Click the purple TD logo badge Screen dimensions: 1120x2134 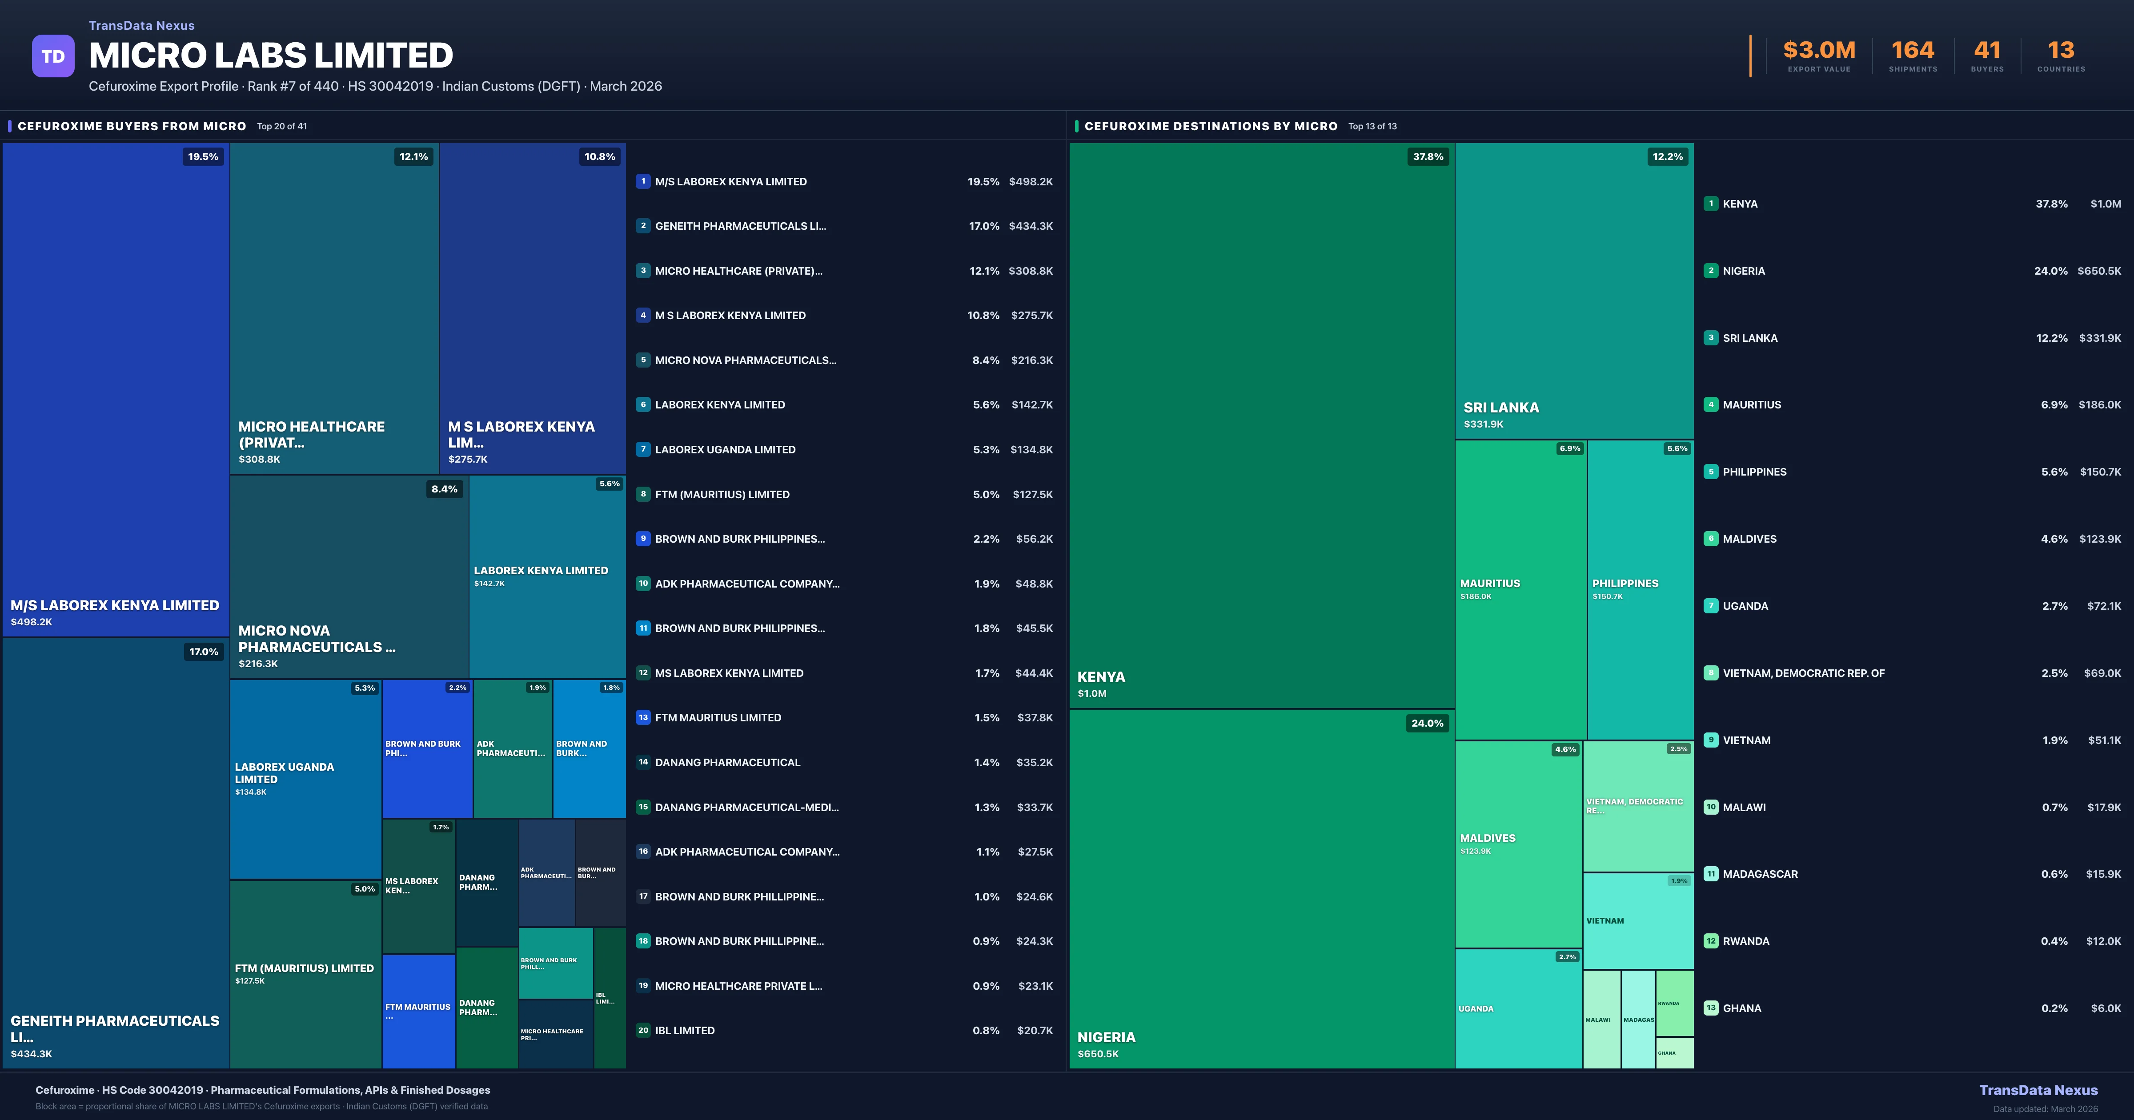click(x=53, y=56)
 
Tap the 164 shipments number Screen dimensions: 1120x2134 click(x=1912, y=51)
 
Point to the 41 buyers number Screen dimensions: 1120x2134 click(x=1986, y=51)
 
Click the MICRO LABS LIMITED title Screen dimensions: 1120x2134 click(x=271, y=56)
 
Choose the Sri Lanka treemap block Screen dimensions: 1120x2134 click(x=1573, y=290)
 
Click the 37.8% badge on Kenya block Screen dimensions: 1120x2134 click(x=1428, y=156)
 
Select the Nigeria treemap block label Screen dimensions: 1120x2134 click(x=1106, y=1037)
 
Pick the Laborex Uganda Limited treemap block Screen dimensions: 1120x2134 click(x=305, y=779)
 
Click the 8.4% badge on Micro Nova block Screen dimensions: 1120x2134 click(x=444, y=489)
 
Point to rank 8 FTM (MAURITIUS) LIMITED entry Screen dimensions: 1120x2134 click(x=722, y=495)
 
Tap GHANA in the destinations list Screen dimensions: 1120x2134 click(x=1741, y=1008)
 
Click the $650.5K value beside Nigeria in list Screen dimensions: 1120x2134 click(x=2098, y=271)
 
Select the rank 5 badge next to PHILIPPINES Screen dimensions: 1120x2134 click(x=1711, y=472)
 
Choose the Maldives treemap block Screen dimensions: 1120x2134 click(x=1518, y=843)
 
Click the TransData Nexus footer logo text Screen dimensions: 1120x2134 click(x=2038, y=1090)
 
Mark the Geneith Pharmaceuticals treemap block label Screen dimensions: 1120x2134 click(x=114, y=1028)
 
